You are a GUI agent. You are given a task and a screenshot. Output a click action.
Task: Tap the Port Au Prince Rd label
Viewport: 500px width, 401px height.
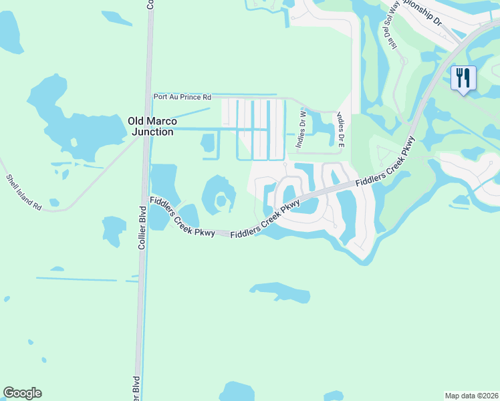182,96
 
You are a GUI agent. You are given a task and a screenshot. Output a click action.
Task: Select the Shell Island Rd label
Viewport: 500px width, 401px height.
23,192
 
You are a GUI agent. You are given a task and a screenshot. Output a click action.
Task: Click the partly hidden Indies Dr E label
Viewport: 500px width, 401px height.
342,127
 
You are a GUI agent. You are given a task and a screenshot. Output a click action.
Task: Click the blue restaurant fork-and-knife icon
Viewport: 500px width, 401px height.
463,78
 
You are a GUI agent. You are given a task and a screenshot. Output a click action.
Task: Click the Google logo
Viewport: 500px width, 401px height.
22,393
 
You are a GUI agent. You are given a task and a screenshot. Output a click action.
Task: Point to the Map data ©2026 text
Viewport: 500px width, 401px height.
472,395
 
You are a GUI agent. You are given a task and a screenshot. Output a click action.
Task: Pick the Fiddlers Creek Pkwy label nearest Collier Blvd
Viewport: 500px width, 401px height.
182,217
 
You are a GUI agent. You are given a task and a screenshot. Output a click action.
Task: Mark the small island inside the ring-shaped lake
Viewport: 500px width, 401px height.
221,198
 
